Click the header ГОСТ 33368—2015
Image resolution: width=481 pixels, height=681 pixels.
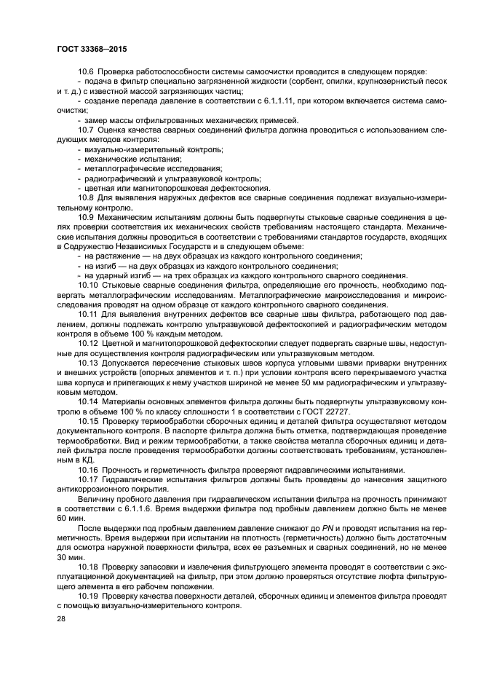(x=82, y=49)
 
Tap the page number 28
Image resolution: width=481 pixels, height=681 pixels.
(x=60, y=618)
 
